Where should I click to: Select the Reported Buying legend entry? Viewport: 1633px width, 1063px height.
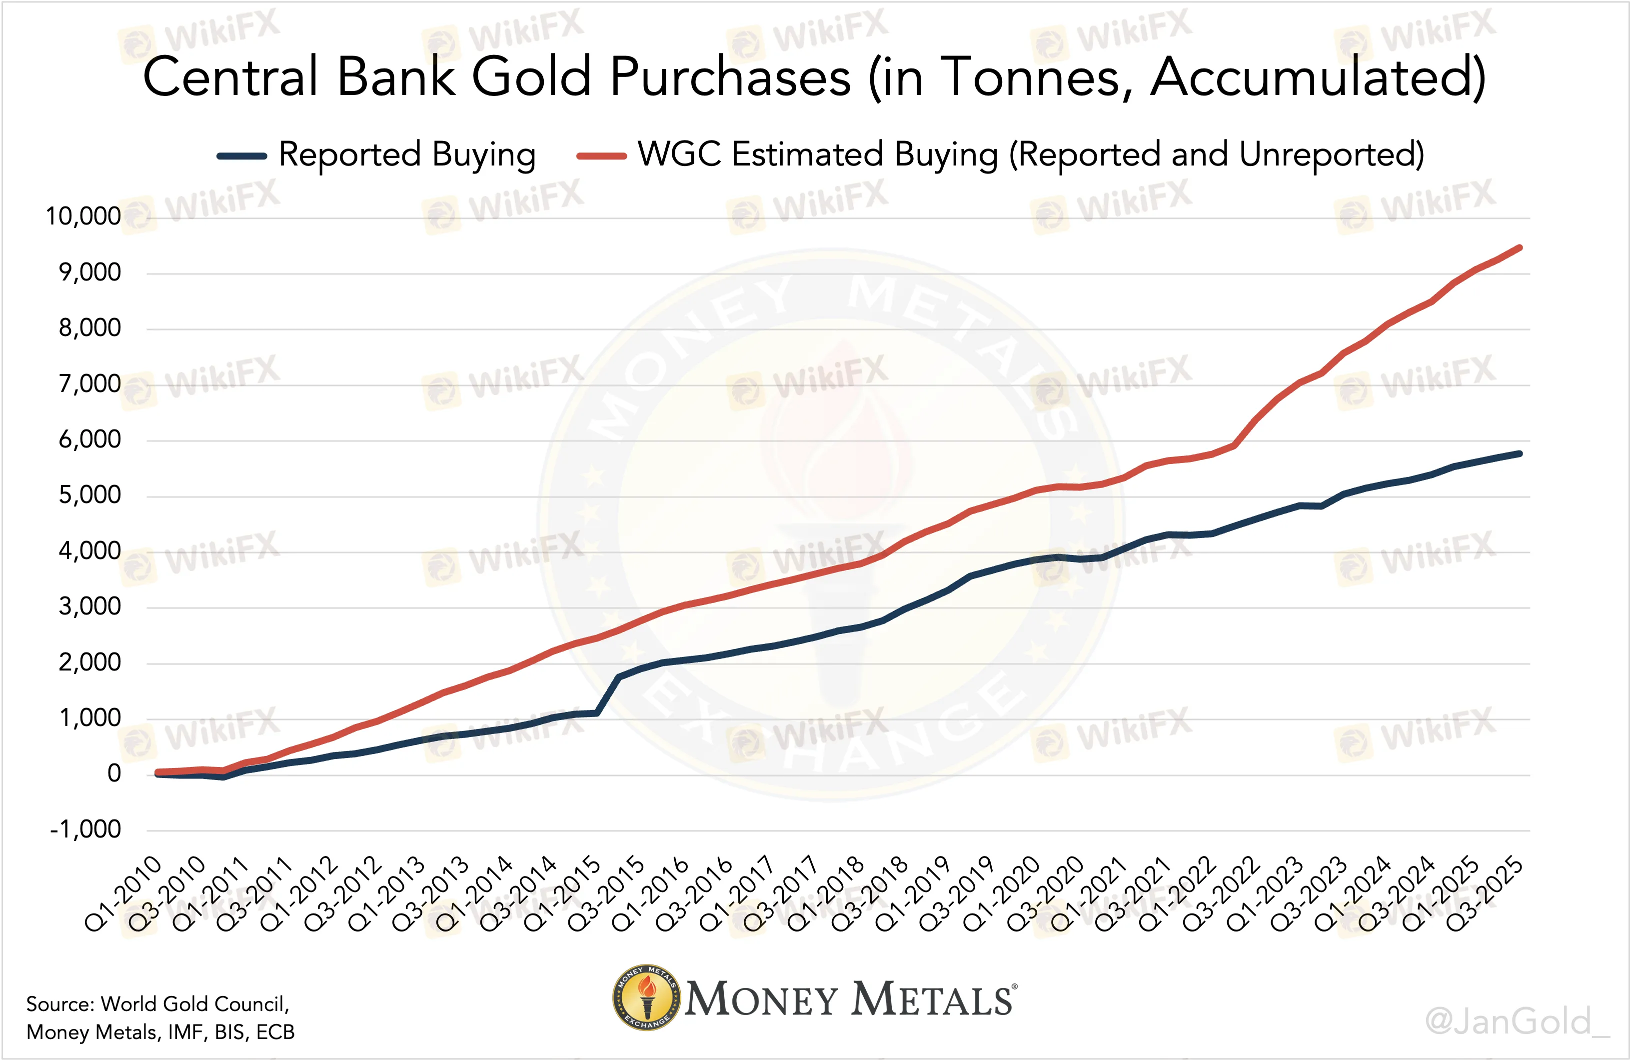406,155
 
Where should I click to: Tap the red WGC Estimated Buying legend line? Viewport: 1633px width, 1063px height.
601,156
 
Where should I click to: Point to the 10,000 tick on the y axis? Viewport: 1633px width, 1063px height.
83,217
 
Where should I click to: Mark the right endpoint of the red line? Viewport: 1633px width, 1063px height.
1520,247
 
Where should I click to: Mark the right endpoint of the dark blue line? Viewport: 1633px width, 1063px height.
1520,453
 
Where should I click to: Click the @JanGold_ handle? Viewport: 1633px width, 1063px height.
1517,1022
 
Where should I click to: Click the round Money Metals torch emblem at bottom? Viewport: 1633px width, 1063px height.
646,998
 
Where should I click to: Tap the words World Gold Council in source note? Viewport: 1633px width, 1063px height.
195,1004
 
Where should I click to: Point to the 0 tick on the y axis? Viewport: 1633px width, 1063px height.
114,774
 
